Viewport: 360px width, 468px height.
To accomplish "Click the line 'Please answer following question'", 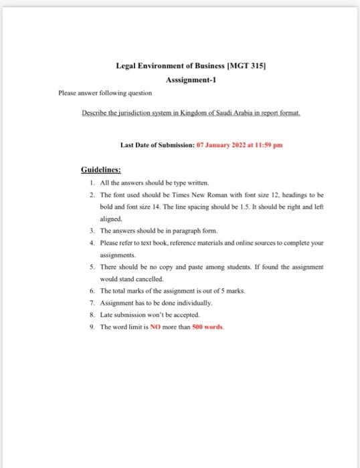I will (x=105, y=92).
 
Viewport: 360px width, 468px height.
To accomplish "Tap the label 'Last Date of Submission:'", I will (x=155, y=144).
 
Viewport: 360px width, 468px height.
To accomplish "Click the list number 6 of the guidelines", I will (x=91, y=291).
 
